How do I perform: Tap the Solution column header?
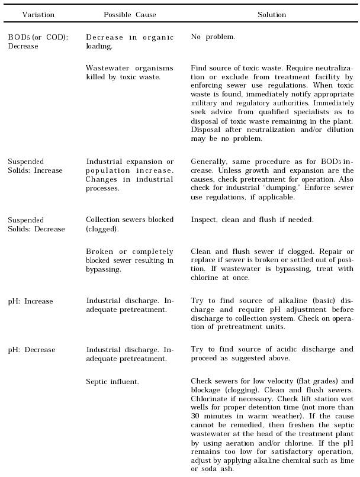click(x=272, y=15)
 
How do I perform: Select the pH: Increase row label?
click(x=30, y=301)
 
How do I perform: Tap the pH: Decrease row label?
click(x=31, y=350)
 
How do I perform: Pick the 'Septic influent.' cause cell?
click(x=112, y=382)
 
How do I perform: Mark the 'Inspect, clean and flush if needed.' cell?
click(x=252, y=220)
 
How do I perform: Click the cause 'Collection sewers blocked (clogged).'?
click(x=130, y=224)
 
